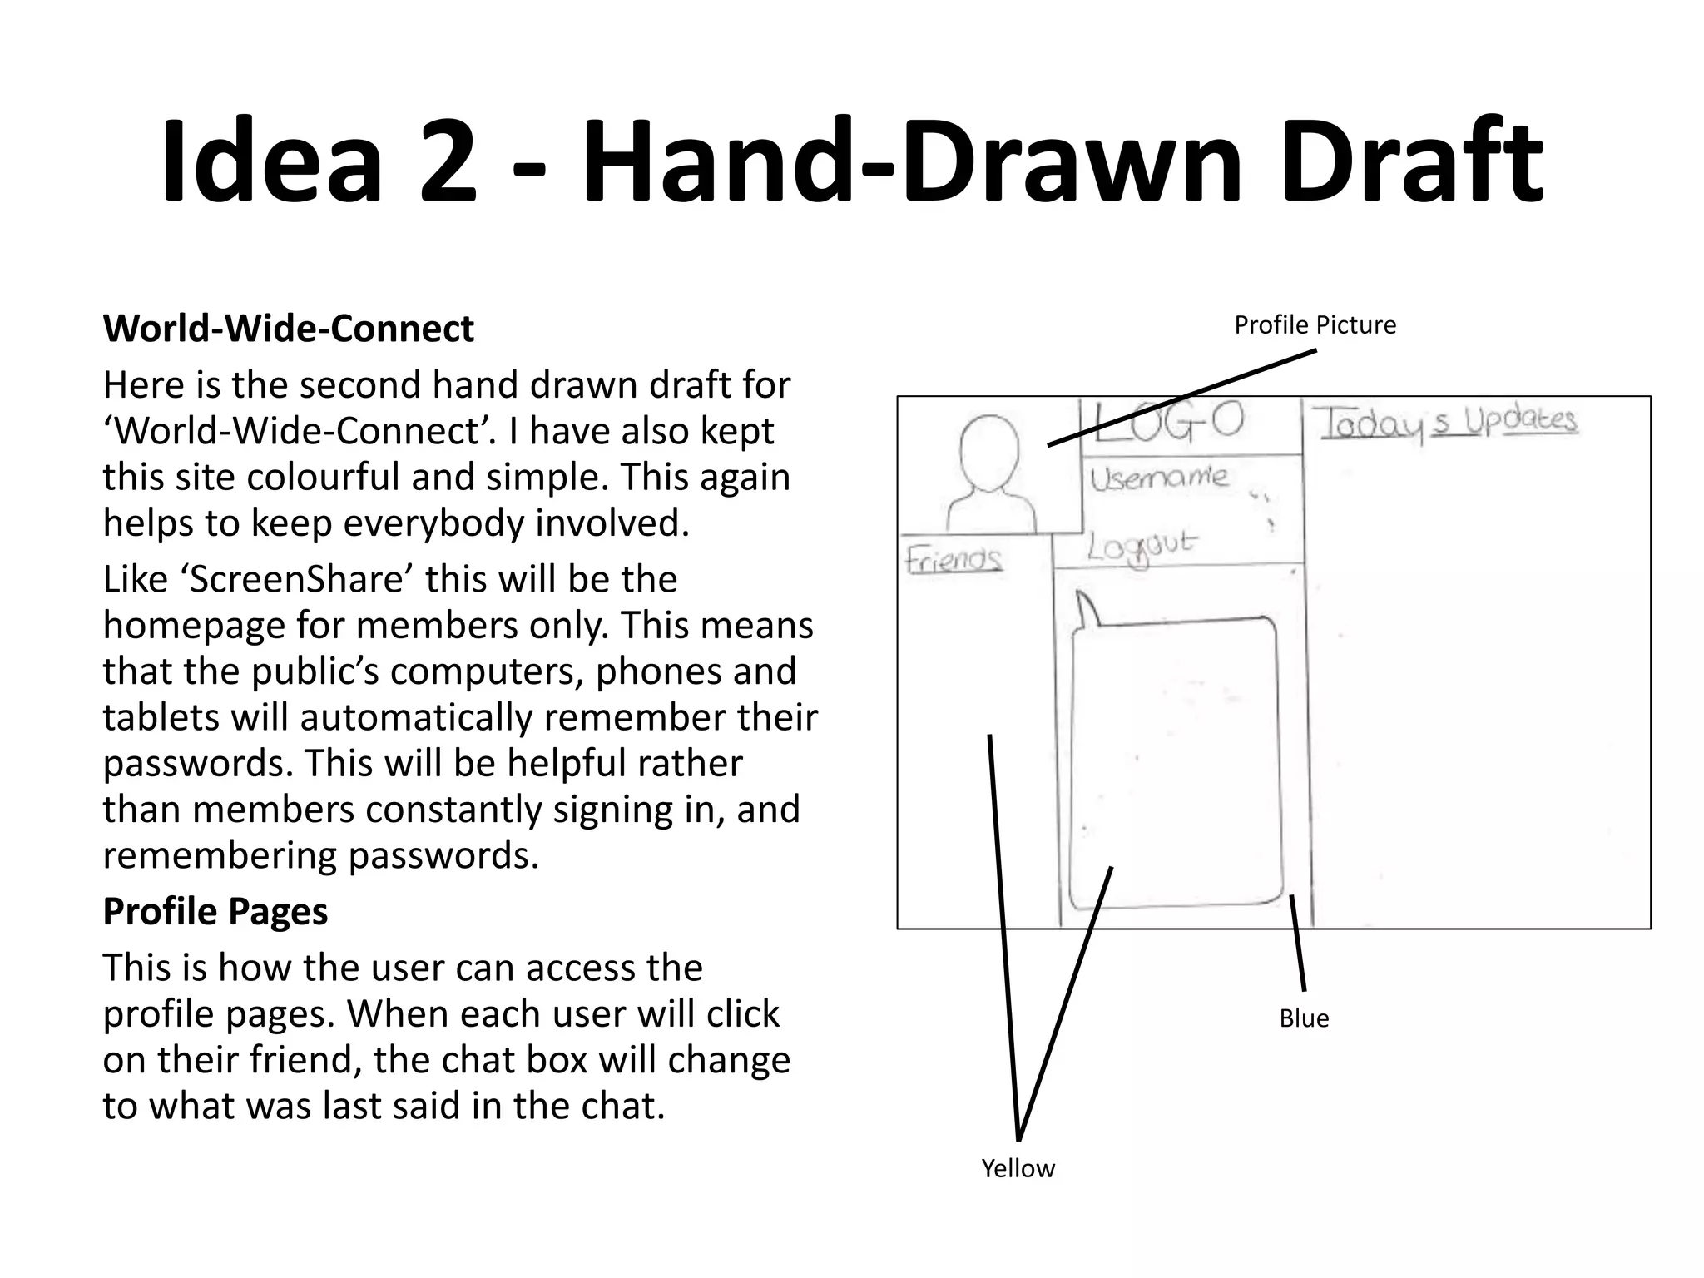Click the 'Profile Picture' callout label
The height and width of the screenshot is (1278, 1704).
[1315, 325]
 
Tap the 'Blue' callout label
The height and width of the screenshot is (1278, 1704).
[1304, 1018]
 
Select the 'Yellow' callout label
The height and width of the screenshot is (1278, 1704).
[1018, 1168]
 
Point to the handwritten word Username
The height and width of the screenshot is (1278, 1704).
[1158, 478]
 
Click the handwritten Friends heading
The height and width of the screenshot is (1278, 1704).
[954, 559]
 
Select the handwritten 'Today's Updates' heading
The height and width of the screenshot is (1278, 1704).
[1448, 423]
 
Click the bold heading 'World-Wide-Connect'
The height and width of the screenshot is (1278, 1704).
[288, 329]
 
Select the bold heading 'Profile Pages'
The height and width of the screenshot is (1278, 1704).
[215, 912]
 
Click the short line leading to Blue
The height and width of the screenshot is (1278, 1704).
[1298, 943]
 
